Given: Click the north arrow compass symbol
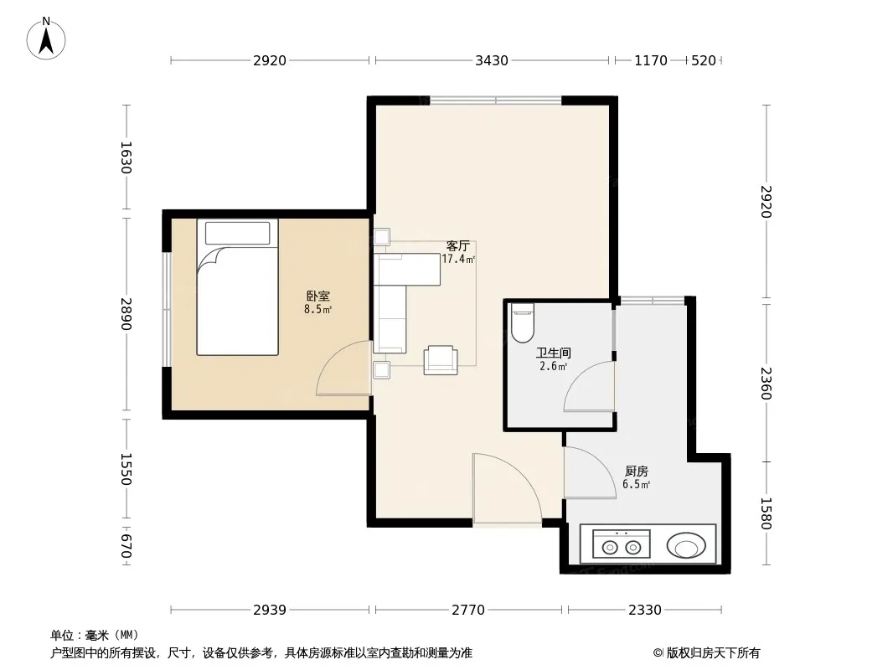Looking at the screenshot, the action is point(46,39).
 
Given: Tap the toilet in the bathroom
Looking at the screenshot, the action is point(522,322).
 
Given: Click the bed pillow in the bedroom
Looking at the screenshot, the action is point(237,234).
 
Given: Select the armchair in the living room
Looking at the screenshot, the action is point(441,360).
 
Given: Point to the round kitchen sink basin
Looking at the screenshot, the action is point(686,545).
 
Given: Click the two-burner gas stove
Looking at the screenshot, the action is point(622,544).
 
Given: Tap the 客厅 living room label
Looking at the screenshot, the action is point(458,246).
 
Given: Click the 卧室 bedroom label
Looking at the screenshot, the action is point(317,296).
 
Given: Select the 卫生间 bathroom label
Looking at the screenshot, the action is point(553,353).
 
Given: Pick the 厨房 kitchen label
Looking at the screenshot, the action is point(636,472).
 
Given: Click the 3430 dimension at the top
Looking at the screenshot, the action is point(492,60).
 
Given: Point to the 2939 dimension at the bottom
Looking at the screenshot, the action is point(270,611).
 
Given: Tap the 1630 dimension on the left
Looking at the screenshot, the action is point(126,157).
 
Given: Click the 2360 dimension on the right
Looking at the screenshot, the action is point(766,383).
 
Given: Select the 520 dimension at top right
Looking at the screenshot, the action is point(704,60).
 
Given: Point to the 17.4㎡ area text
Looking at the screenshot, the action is point(458,259).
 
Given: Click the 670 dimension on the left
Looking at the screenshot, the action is point(126,546).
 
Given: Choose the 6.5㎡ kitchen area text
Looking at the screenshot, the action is point(636,484).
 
